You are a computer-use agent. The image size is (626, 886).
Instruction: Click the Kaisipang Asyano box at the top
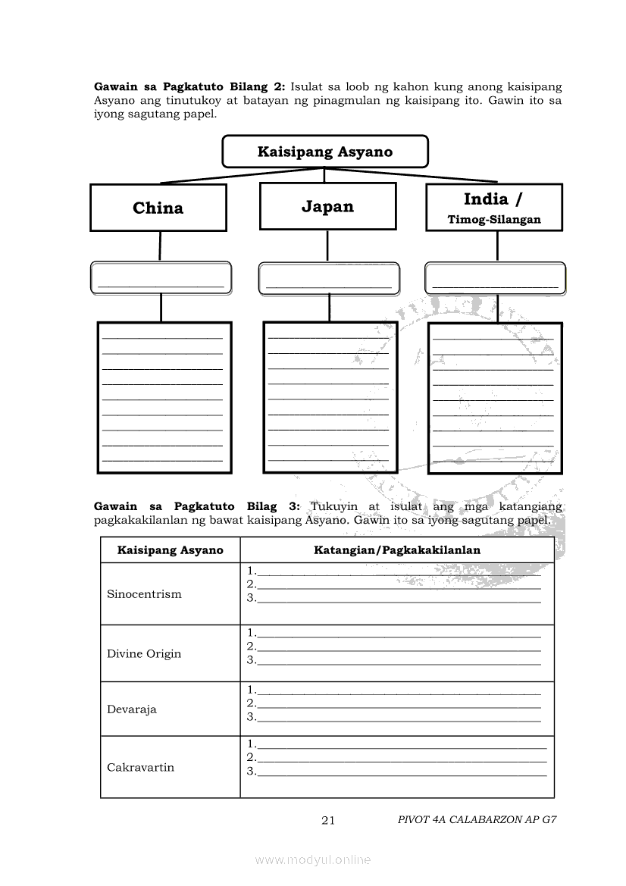tap(324, 152)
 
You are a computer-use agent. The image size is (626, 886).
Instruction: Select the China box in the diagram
tap(158, 208)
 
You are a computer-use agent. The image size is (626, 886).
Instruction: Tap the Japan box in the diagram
tap(327, 207)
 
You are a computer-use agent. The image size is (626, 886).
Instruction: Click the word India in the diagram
tap(486, 199)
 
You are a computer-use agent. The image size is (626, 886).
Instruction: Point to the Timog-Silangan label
tap(494, 220)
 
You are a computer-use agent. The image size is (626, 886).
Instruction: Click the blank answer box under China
tap(161, 278)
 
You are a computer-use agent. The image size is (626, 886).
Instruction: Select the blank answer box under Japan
tap(328, 278)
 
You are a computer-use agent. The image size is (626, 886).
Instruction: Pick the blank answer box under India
tap(495, 277)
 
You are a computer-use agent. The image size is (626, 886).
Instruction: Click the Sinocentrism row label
tap(144, 594)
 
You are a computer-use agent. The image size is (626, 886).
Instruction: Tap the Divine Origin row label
tap(144, 654)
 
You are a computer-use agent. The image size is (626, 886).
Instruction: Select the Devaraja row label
tap(132, 710)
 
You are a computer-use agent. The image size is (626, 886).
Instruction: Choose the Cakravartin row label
tap(140, 768)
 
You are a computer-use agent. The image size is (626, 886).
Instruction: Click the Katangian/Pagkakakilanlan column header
tap(397, 550)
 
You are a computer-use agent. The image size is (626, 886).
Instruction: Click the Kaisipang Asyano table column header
tap(170, 550)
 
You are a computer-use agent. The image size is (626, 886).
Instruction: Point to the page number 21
tap(328, 820)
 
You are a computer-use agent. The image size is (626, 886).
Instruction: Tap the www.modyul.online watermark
tap(313, 860)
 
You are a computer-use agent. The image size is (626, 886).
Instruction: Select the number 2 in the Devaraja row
tap(251, 704)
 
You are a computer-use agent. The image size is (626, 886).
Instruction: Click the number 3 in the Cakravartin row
tap(251, 772)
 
